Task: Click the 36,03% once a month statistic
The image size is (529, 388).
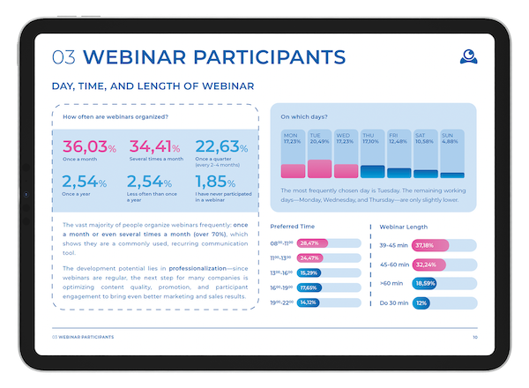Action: (x=87, y=146)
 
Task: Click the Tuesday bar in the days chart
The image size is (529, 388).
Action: (x=320, y=168)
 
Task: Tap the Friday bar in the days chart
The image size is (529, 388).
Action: (x=399, y=173)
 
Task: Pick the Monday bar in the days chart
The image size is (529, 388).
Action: (x=293, y=171)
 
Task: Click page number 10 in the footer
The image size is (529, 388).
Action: (x=475, y=338)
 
